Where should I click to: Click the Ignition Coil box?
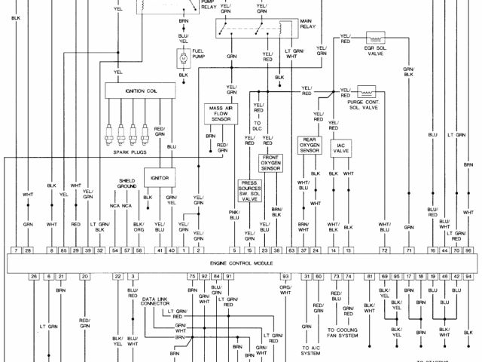pos(140,90)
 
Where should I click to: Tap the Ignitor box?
pos(159,178)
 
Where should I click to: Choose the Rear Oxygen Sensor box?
pos(309,145)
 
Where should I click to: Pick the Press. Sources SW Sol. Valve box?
pos(249,190)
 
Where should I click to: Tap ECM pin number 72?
pos(385,250)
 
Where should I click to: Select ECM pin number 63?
pos(291,250)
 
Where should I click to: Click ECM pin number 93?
pos(286,278)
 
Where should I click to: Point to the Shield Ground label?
pos(127,184)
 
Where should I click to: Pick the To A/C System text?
pos(310,349)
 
